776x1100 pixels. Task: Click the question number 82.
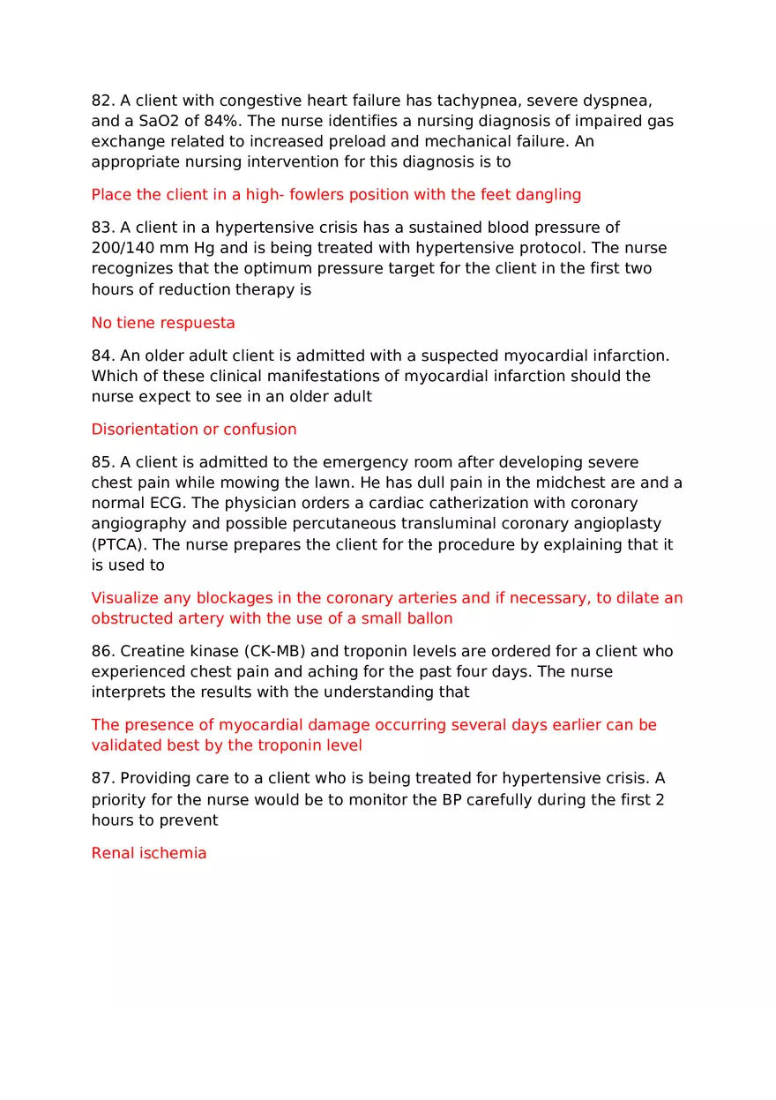[102, 101]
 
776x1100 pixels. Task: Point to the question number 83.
[102, 228]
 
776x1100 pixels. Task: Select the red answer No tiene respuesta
[163, 323]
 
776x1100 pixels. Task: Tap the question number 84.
[102, 355]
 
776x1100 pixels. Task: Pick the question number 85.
[102, 462]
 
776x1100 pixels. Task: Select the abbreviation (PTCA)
[118, 544]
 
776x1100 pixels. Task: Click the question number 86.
[102, 651]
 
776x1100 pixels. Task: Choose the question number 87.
[102, 778]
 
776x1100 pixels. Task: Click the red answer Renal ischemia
[149, 853]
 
